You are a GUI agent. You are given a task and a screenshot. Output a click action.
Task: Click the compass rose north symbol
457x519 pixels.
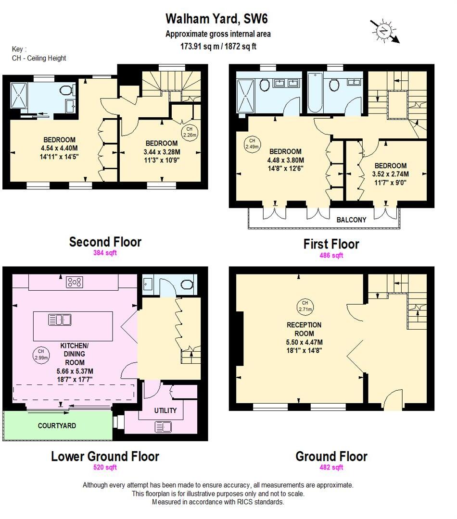click(x=383, y=31)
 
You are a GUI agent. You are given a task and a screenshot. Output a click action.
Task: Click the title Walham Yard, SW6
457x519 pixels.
click(x=216, y=19)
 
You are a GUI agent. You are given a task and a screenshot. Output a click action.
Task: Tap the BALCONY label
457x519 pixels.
click(x=351, y=220)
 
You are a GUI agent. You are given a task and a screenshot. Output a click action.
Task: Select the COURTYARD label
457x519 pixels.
click(x=57, y=425)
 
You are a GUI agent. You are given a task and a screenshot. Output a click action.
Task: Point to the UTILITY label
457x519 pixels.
click(x=165, y=410)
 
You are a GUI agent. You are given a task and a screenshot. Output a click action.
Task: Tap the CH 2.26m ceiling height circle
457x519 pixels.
click(x=189, y=132)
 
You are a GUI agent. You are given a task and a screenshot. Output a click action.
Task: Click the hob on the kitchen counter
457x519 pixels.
click(x=74, y=283)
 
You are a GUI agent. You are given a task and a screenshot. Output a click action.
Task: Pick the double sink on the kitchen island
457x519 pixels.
click(x=60, y=319)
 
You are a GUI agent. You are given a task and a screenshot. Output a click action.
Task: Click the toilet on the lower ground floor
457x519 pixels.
click(x=186, y=284)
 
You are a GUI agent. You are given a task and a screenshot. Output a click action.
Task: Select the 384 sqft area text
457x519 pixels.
click(x=105, y=253)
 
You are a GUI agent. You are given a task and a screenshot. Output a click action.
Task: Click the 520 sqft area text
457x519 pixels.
click(x=105, y=467)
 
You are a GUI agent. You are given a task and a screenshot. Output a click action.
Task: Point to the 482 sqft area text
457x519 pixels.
click(x=331, y=467)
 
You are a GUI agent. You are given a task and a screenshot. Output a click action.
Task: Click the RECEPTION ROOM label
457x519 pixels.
click(x=304, y=329)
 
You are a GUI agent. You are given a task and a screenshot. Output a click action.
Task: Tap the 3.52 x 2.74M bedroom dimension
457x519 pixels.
click(x=391, y=173)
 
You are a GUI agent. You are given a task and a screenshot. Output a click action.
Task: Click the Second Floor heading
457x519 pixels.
click(x=105, y=242)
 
